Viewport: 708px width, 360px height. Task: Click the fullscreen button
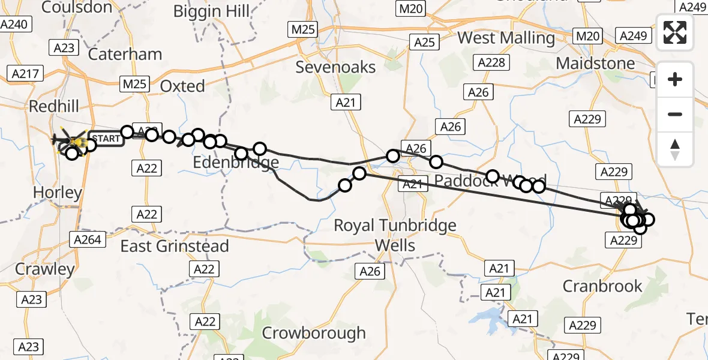click(x=675, y=32)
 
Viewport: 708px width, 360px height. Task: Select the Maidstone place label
click(x=595, y=63)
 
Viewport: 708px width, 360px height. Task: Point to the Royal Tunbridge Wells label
click(x=395, y=235)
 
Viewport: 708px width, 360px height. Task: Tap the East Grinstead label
click(x=175, y=246)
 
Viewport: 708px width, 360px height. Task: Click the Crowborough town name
click(x=314, y=333)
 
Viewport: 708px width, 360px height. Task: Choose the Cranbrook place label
click(x=602, y=286)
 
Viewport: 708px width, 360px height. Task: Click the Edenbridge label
click(x=236, y=163)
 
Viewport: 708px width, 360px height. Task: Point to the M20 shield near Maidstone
click(x=587, y=36)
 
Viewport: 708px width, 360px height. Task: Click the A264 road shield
click(x=87, y=240)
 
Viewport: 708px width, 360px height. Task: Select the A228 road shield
click(x=491, y=62)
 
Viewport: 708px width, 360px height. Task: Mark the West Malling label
click(x=506, y=38)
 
